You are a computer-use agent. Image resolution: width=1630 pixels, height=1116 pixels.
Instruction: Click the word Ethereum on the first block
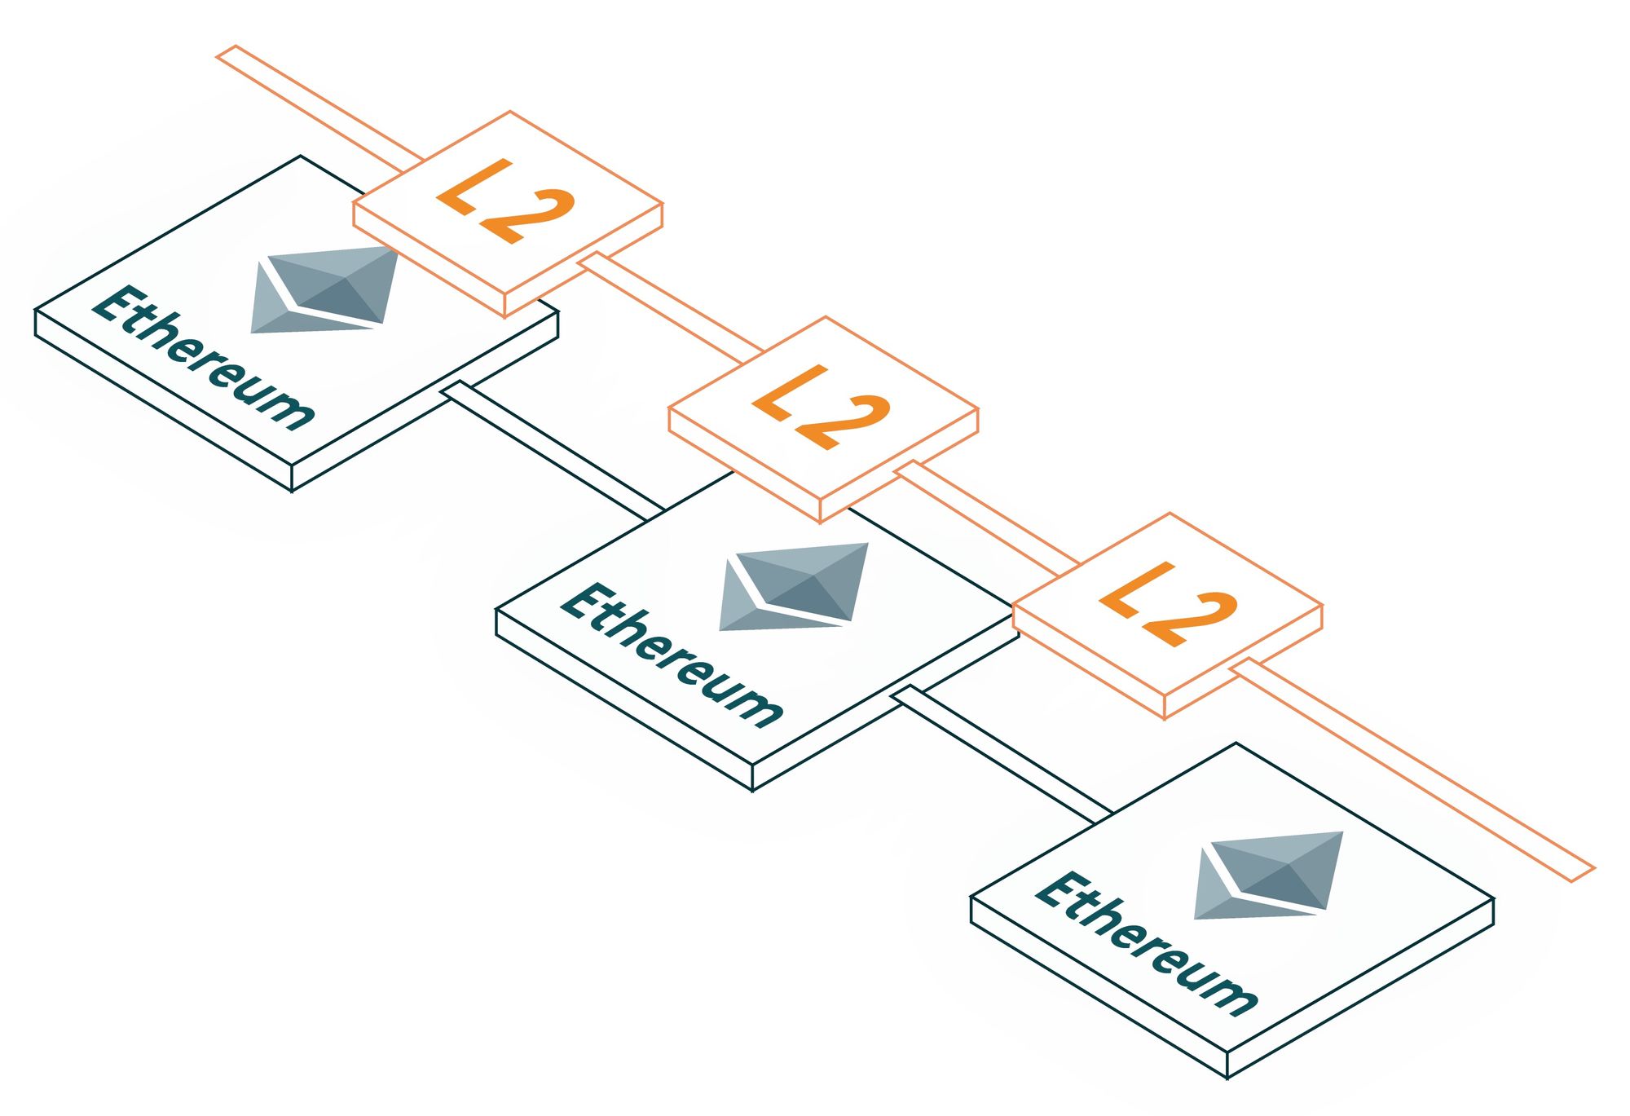tap(202, 357)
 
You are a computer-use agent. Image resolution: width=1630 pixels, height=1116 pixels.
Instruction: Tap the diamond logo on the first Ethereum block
tap(324, 289)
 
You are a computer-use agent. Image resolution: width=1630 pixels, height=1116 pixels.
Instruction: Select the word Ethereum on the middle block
tap(671, 654)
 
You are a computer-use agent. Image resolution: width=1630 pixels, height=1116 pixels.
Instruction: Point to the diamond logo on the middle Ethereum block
tap(793, 586)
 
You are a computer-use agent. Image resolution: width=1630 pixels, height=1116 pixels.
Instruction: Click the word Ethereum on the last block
tap(1145, 943)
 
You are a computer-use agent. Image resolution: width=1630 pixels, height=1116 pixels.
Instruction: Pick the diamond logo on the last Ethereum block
tap(1268, 875)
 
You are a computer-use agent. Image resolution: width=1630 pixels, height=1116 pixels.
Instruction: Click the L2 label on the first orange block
tap(506, 201)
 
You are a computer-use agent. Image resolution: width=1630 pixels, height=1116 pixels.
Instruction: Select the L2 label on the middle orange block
tap(821, 408)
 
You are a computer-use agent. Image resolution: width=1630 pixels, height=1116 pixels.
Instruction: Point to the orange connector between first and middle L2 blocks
tap(672, 307)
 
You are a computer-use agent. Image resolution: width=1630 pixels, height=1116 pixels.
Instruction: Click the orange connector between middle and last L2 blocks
tap(986, 514)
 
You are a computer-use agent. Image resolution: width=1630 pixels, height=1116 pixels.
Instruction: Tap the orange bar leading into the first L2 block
tap(318, 106)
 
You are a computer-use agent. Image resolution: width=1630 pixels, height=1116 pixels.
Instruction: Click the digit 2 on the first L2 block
tap(528, 216)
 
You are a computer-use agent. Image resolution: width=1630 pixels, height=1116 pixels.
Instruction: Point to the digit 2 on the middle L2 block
tap(843, 421)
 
